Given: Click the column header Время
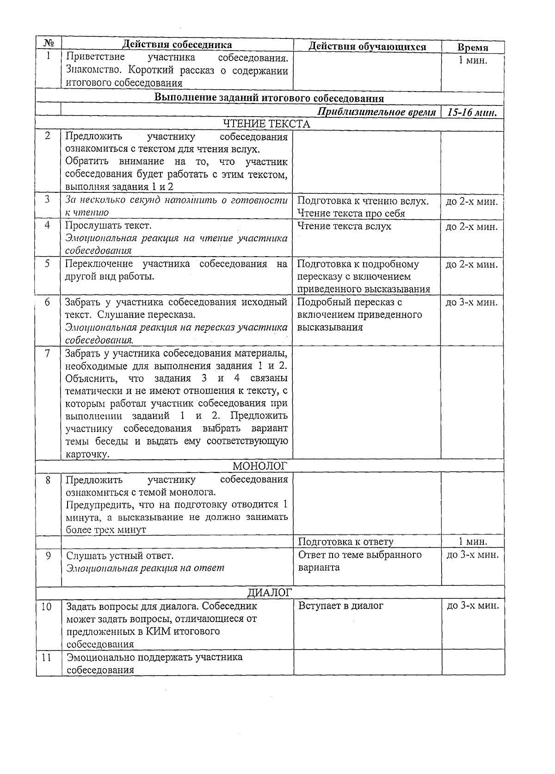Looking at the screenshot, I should click(473, 48).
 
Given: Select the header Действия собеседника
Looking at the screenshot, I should click(177, 44).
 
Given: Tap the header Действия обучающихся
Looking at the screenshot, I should click(367, 47).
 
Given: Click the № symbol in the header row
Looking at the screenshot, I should click(49, 43).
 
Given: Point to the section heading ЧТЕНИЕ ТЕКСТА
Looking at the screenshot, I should click(266, 124).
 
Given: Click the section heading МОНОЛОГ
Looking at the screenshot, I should click(260, 465).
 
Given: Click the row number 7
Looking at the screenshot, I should click(47, 353).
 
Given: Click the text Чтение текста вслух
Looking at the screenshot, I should click(344, 226).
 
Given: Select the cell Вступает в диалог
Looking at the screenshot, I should click(340, 606).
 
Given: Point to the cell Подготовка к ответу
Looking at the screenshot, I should click(345, 542).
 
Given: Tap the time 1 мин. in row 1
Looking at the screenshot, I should click(473, 60).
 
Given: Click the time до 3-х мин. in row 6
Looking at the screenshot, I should click(472, 303).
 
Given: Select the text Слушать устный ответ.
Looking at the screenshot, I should click(120, 555).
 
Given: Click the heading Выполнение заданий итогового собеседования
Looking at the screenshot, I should click(269, 98).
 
